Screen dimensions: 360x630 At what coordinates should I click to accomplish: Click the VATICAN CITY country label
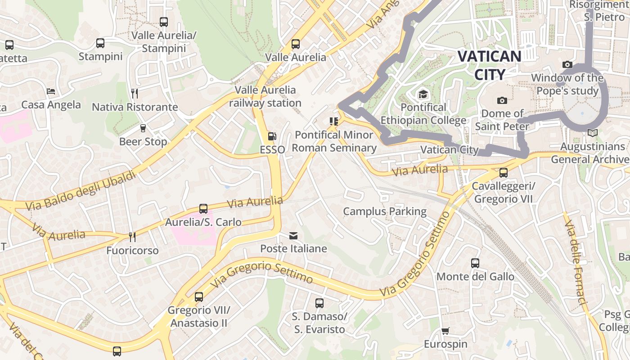coord(489,65)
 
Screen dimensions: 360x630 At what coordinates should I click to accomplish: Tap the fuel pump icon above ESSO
coord(272,136)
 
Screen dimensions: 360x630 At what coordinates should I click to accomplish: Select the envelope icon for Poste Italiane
coord(293,236)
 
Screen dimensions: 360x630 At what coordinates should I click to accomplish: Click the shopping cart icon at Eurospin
coord(445,331)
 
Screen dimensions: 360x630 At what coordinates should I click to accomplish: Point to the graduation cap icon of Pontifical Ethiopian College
coord(423,94)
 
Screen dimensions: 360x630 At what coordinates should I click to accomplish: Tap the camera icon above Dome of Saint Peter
coord(502,100)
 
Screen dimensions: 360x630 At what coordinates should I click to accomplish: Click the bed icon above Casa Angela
coord(51,91)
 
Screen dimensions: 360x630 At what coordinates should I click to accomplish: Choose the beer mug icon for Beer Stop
coord(143,128)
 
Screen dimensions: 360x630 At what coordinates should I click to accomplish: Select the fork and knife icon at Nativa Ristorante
coord(135,94)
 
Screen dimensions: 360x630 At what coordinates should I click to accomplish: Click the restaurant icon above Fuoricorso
coord(132,237)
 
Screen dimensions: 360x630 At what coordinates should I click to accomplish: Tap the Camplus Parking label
coord(385,211)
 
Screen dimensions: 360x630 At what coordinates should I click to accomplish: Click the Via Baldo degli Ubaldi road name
coord(81,190)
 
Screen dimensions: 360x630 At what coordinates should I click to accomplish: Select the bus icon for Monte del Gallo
coord(475,263)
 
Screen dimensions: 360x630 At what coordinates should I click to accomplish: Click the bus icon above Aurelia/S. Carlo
coord(203,209)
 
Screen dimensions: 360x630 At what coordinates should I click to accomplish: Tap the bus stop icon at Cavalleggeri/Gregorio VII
coord(503,173)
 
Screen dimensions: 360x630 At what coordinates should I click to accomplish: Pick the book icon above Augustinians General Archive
coord(593,133)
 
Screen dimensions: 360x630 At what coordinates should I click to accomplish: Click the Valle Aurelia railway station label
coord(265,96)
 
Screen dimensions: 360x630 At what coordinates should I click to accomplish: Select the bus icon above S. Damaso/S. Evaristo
coord(319,303)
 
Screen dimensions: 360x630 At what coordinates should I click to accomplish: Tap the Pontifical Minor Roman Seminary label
coord(334,141)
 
